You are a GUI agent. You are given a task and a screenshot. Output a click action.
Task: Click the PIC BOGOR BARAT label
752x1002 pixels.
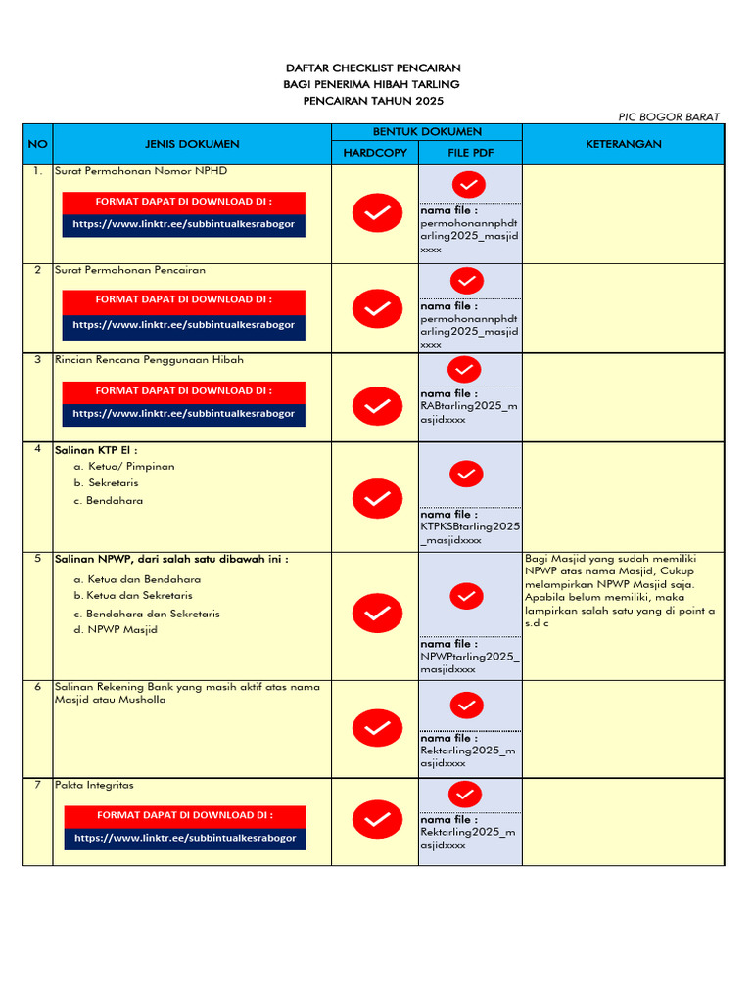[x=669, y=116]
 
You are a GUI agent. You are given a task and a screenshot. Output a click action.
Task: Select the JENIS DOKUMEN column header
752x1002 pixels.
[x=192, y=144]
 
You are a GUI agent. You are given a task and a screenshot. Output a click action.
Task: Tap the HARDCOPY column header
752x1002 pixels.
[x=374, y=153]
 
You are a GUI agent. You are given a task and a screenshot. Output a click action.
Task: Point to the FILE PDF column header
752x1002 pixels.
[x=470, y=153]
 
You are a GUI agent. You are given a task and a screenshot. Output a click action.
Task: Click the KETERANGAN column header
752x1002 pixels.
[x=624, y=144]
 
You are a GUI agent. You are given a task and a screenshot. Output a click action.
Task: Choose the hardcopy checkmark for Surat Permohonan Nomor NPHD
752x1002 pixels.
[x=377, y=212]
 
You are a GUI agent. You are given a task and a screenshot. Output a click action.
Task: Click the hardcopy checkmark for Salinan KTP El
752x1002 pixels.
[x=377, y=498]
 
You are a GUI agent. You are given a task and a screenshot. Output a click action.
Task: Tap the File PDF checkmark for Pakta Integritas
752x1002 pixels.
[x=467, y=794]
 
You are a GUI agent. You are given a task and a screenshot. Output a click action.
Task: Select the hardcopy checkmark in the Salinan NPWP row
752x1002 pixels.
[x=377, y=614]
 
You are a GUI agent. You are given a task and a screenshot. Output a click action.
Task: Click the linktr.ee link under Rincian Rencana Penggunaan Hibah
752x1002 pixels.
[x=183, y=414]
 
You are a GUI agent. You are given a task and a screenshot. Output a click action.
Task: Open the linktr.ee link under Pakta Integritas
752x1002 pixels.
[x=185, y=839]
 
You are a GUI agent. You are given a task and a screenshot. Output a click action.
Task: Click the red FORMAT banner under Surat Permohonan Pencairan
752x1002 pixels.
[x=183, y=300]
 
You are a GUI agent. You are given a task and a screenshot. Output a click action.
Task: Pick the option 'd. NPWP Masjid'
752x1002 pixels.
[x=115, y=630]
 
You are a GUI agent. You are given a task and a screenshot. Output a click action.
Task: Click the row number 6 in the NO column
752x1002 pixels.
[x=37, y=687]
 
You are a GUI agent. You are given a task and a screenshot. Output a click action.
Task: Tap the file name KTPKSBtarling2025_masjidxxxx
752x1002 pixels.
[x=470, y=532]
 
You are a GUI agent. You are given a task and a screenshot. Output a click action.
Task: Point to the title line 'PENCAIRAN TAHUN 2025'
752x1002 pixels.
[x=373, y=101]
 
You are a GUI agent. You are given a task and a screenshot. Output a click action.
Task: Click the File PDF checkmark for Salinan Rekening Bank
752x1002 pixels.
[x=467, y=705]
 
